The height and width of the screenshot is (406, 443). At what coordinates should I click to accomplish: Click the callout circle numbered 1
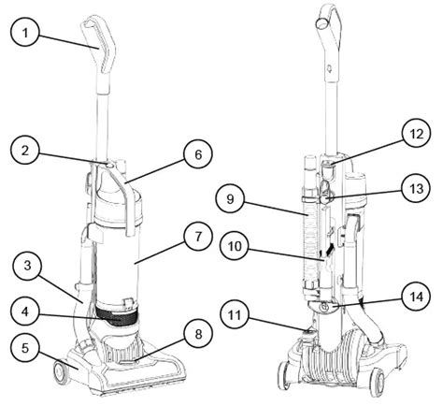(x=28, y=35)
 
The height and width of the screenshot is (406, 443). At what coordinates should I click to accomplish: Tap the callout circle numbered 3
(x=27, y=268)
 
